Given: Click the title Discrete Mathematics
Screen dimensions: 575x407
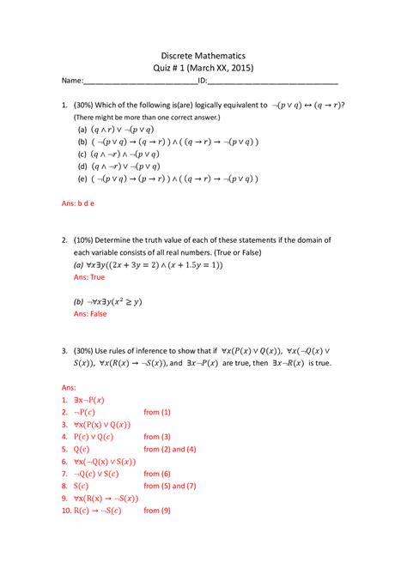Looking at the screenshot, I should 203,51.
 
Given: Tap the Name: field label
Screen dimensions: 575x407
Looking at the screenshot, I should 71,82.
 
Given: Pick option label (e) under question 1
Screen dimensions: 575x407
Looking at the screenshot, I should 82,179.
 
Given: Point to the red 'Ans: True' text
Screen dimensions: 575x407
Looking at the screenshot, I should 89,278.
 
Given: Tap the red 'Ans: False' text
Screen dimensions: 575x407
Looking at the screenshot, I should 90,314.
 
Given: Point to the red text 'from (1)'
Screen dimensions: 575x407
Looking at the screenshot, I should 157,412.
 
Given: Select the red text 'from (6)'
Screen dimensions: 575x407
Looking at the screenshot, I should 157,473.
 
